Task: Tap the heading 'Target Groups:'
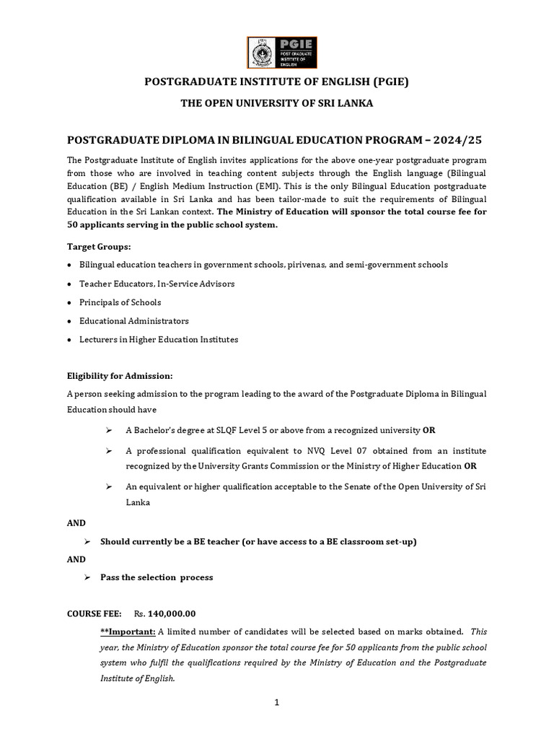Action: point(94,246)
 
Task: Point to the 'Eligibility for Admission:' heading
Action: point(120,376)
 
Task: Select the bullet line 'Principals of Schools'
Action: point(120,302)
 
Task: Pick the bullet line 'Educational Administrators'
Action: point(134,320)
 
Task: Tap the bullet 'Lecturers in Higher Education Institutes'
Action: point(159,339)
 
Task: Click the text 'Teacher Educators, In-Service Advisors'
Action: point(157,284)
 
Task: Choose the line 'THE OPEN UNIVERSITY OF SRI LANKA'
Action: point(277,103)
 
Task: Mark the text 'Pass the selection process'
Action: point(157,577)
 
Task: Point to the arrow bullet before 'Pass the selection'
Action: point(87,577)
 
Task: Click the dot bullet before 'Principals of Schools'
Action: point(69,302)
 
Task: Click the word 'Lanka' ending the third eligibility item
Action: point(138,502)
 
